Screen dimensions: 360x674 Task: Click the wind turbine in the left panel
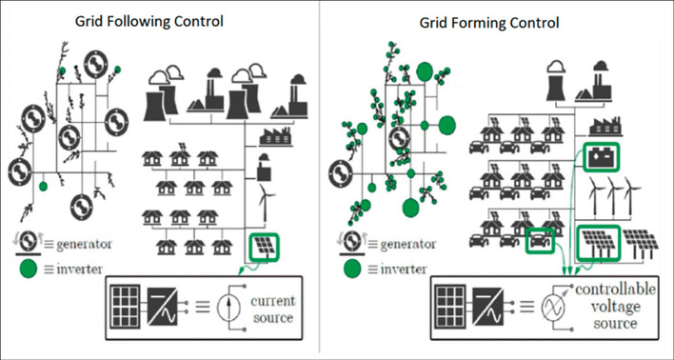[x=263, y=196]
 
